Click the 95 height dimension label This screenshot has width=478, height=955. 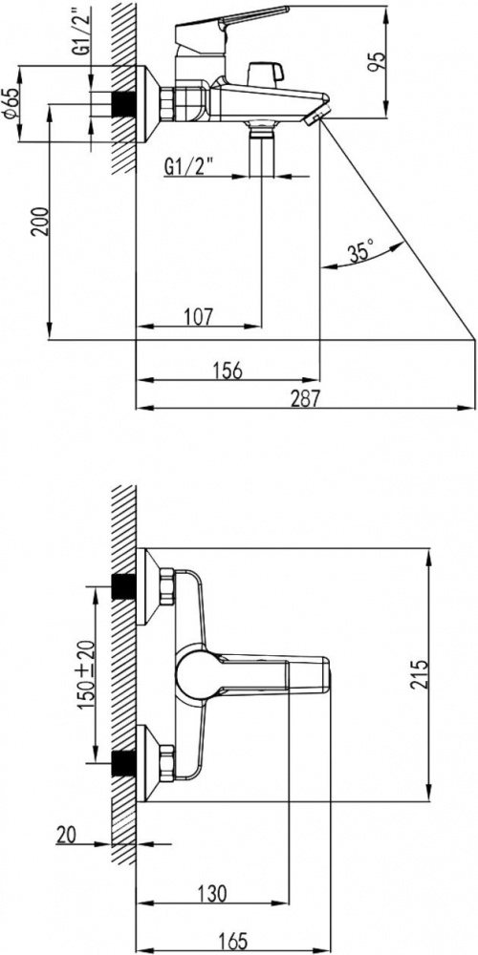pos(379,61)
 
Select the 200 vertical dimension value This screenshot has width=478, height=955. pos(40,222)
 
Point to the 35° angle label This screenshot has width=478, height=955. pos(361,251)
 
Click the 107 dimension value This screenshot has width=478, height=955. pos(198,316)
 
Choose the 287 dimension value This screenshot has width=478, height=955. pos(305,398)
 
